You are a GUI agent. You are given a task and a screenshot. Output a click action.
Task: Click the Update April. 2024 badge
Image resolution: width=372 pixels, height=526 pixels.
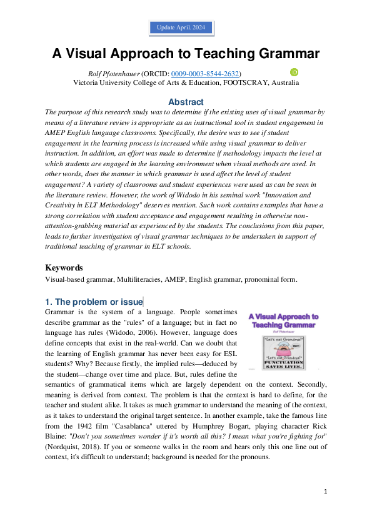point(181,28)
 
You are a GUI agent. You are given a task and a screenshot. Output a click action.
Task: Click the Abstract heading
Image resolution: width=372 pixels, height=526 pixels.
point(186,102)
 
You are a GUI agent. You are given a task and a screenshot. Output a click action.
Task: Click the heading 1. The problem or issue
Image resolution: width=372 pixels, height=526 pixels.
point(94,302)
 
